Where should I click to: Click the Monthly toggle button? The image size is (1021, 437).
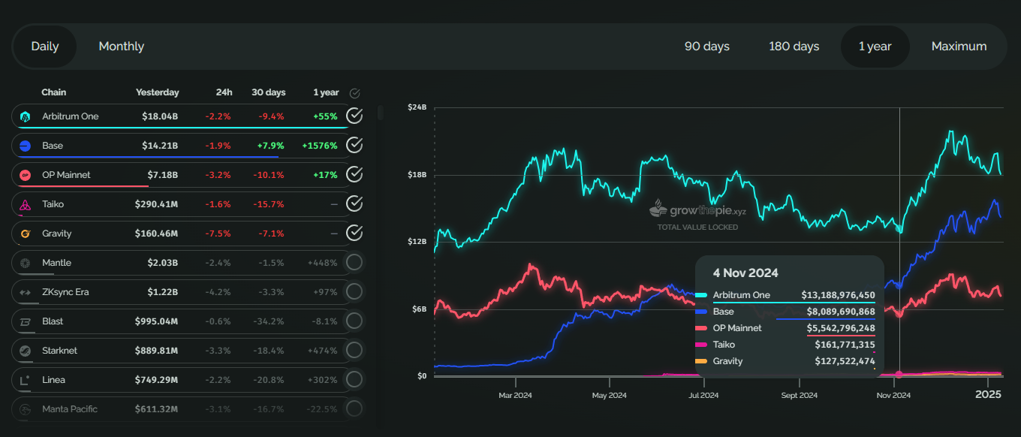tap(121, 47)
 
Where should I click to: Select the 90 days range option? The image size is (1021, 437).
tap(706, 47)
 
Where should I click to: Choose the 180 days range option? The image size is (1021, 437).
tap(794, 47)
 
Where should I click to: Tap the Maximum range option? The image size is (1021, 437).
tap(959, 47)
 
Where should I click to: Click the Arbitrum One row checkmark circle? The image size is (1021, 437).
tap(354, 116)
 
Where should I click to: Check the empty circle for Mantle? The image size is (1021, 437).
tap(354, 263)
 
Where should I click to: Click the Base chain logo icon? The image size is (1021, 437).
tap(25, 146)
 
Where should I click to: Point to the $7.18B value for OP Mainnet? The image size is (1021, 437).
tap(160, 175)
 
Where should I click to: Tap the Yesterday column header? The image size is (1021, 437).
tap(157, 92)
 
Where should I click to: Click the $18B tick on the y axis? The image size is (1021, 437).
tap(417, 175)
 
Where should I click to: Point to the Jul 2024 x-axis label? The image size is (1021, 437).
tap(703, 395)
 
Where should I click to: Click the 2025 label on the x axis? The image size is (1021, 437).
tap(988, 394)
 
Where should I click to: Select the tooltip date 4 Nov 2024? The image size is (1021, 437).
tap(745, 273)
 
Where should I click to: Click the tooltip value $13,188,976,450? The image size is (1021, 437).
tap(838, 295)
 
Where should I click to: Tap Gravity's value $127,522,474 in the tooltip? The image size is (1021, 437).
tap(845, 361)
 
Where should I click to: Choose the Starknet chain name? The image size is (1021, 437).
tap(60, 351)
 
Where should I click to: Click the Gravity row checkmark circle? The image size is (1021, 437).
tap(354, 234)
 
